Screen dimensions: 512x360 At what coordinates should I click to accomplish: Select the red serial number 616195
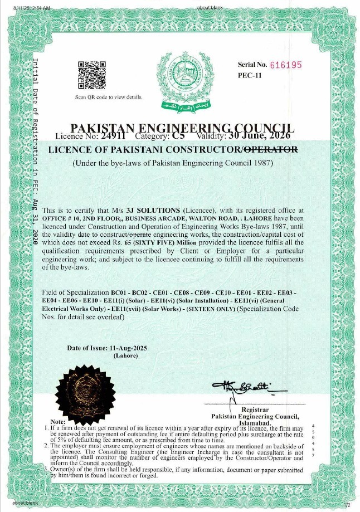click(285, 64)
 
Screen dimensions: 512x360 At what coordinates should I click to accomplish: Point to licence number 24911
click(114, 135)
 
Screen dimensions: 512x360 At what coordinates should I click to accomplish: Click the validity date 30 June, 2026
click(258, 135)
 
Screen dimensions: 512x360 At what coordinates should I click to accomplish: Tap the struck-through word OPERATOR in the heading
click(272, 150)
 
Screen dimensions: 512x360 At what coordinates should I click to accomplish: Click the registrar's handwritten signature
click(241, 387)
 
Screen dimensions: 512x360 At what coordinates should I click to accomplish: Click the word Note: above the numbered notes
click(58, 422)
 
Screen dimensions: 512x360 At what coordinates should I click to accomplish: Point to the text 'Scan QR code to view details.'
click(109, 97)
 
